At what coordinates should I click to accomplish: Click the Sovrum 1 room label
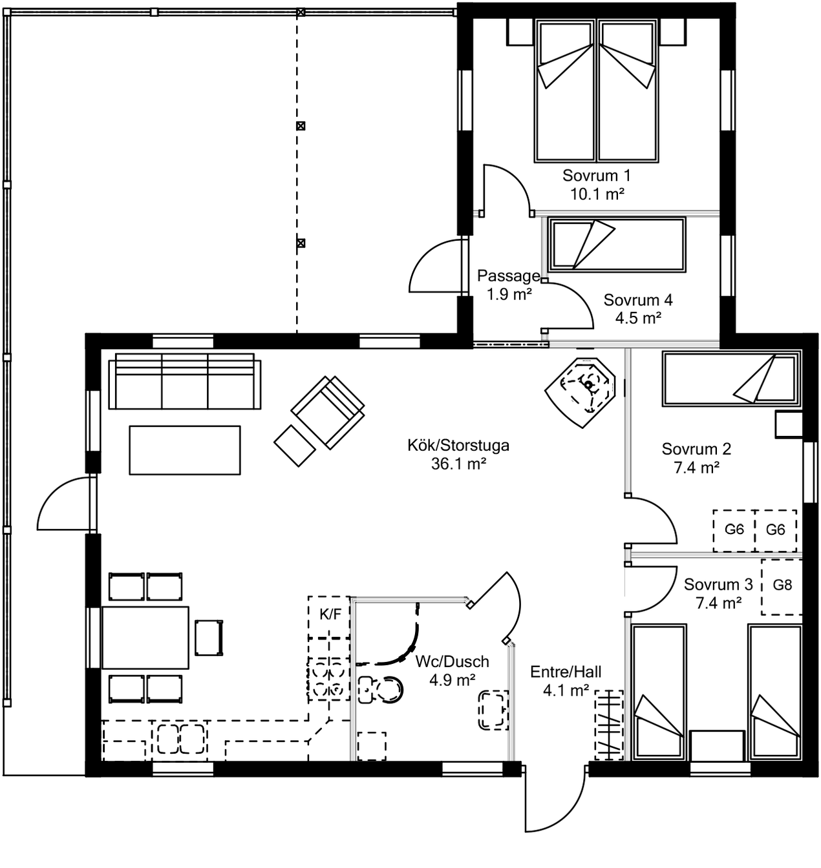pos(596,176)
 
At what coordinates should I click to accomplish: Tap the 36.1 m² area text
pos(458,464)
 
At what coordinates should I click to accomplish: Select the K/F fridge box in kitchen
pos(329,617)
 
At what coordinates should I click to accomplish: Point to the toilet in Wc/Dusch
pos(380,690)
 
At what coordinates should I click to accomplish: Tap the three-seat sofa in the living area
pos(185,381)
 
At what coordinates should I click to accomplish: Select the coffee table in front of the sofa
pos(185,450)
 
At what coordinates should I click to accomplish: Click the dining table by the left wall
pos(145,637)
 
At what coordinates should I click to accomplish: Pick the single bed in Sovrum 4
pos(616,245)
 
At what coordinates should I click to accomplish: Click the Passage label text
pos(509,276)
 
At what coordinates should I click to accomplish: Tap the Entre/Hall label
pos(566,671)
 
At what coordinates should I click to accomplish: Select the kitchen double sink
pos(180,739)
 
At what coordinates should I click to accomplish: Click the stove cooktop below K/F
pos(329,680)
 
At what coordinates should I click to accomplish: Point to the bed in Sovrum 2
pos(732,378)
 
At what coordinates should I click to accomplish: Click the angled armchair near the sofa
pos(328,413)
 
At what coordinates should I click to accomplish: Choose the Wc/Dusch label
pos(452,662)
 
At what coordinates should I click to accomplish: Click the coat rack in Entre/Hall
pos(609,726)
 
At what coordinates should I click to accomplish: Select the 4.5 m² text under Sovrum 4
pos(638,318)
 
